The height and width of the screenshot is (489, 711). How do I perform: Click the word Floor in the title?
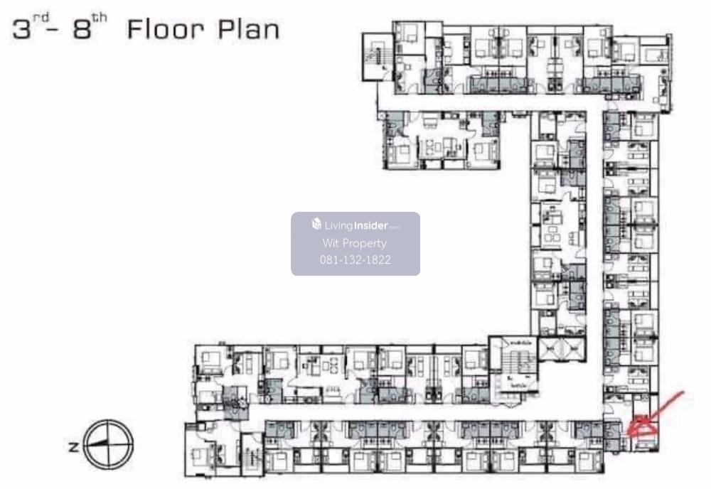tap(166, 30)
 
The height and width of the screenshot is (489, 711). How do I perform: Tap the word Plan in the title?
tap(248, 30)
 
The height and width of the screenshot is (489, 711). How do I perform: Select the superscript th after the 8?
tap(100, 18)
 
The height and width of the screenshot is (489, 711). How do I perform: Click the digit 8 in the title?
tap(82, 30)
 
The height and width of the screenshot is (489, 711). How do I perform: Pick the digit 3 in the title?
tap(22, 30)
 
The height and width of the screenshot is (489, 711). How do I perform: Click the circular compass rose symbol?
tap(109, 444)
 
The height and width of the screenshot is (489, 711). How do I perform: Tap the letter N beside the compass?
tap(73, 447)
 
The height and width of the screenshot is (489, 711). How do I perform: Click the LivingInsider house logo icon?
tap(316, 224)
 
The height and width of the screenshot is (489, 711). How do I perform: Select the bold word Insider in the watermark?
tap(370, 225)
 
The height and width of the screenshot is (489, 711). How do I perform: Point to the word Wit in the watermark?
tap(331, 243)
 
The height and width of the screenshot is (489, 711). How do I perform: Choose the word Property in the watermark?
tap(365, 244)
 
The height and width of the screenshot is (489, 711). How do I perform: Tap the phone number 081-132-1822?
tap(355, 259)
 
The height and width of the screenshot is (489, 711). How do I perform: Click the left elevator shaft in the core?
tap(549, 349)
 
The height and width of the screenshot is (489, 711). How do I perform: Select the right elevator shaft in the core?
tap(572, 349)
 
